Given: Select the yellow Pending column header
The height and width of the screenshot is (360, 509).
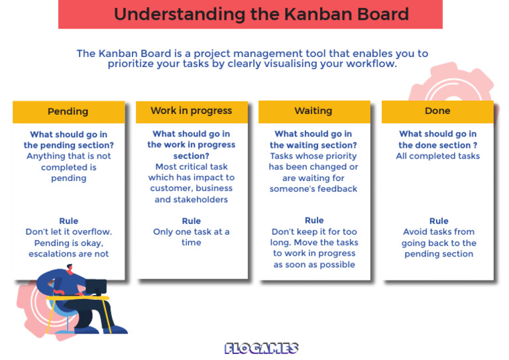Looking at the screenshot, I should (68, 111).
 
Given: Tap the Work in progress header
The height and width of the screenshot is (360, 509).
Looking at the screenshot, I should (192, 111).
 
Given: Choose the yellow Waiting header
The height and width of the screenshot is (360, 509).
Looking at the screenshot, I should (313, 111).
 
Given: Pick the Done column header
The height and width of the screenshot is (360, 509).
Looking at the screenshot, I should (437, 111).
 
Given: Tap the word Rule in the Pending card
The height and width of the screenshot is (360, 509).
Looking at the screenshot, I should (68, 221).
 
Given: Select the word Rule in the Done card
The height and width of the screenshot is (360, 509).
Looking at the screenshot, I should (439, 221).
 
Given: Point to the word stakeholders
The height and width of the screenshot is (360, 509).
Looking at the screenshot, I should (191, 200).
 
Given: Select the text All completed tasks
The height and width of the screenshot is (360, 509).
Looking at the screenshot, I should (438, 156).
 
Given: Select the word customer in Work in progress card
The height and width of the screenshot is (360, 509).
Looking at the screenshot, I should (170, 189).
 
